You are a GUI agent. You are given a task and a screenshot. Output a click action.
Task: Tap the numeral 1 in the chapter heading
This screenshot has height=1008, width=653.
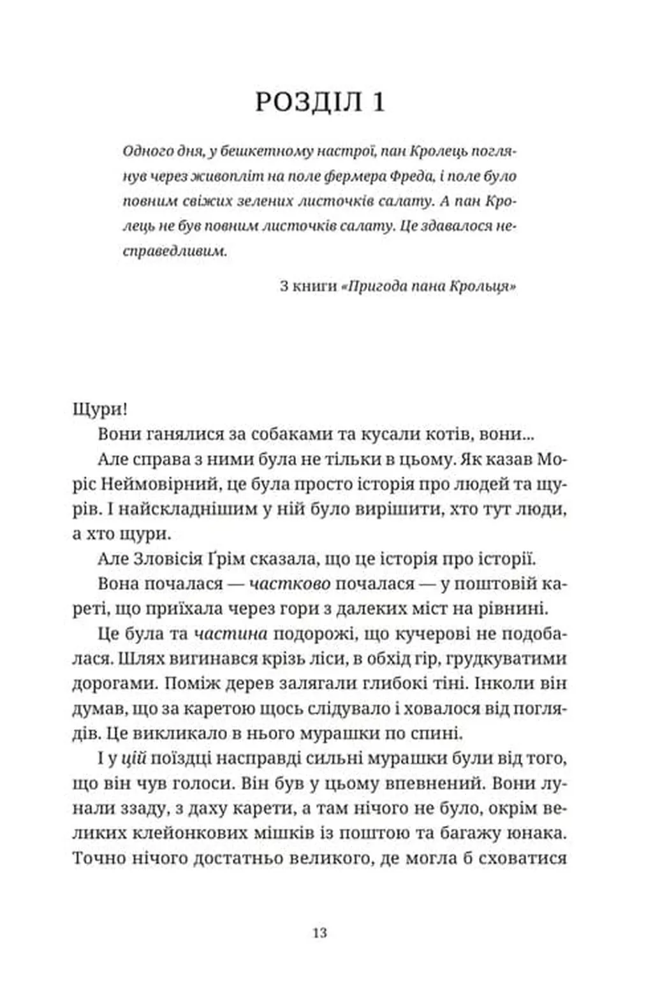378,102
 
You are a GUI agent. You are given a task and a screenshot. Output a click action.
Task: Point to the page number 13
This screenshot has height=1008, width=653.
320,933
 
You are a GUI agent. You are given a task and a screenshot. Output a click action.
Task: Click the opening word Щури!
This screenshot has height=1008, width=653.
101,409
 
